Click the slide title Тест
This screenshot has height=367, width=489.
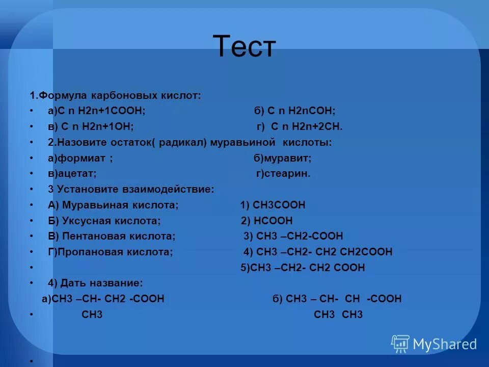pos(244,46)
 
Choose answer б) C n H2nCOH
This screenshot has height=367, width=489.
pos(294,111)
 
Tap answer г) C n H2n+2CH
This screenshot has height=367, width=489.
pos(299,127)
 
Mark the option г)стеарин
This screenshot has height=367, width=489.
pos(283,174)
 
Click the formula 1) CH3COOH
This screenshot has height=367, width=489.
pos(273,205)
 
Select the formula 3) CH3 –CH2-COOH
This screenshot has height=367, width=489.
pos(293,236)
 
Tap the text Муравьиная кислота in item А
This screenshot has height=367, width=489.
pos(121,205)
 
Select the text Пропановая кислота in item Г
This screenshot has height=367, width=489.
pos(115,252)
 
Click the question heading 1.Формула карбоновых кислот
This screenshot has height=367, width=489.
pos(115,95)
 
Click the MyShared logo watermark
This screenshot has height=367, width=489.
pos(434,344)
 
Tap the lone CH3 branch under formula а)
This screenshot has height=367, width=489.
pos(92,314)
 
